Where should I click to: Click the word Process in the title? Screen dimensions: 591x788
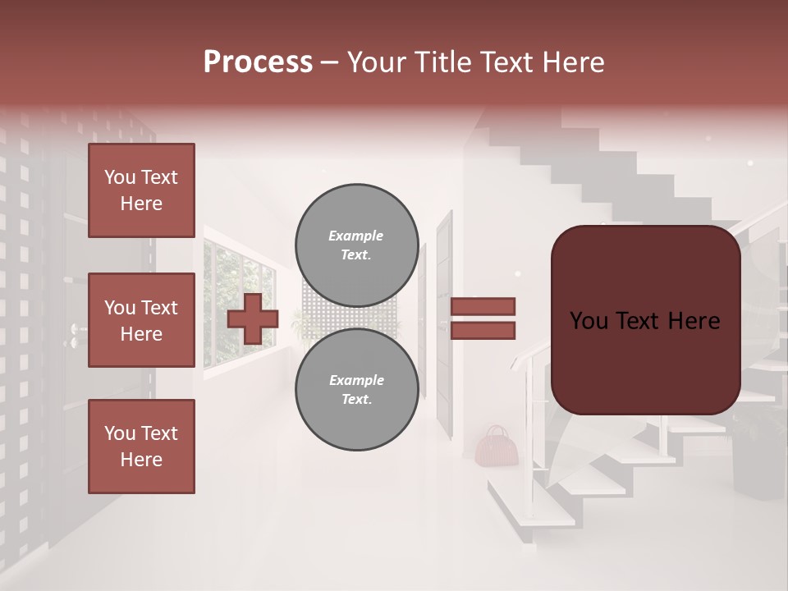258,62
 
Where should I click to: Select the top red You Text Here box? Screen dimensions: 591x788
141,190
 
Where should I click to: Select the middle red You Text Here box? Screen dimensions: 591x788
141,320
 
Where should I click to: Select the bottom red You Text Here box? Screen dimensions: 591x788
141,446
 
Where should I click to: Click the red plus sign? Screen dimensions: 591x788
253,318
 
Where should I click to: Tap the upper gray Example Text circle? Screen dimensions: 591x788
356,245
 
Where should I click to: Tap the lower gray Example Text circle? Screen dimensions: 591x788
356,389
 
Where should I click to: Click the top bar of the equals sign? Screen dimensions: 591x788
483,306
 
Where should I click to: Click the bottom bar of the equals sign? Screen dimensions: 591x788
483,331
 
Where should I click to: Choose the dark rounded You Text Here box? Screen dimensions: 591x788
645,320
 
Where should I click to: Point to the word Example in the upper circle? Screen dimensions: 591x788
356,236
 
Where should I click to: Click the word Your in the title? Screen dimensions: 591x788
377,62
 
